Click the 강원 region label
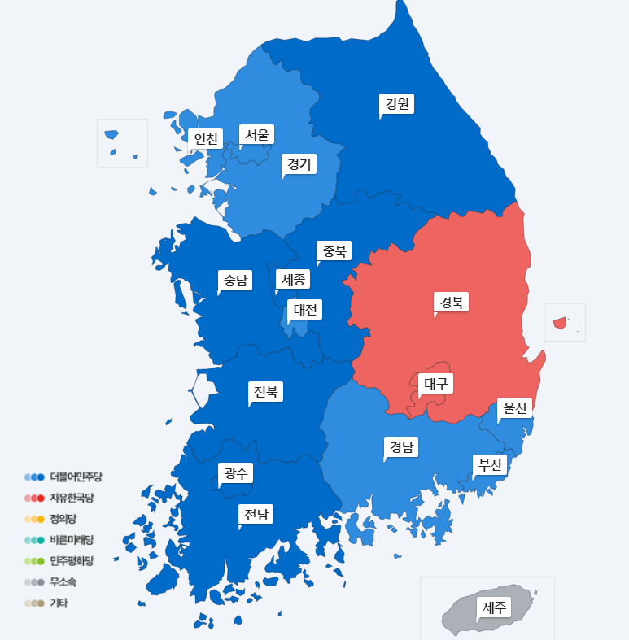[398, 104]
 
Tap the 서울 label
[256, 134]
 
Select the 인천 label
[205, 139]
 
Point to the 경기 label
[299, 164]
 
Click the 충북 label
[334, 250]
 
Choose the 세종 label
[293, 280]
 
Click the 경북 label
[452, 303]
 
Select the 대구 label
[436, 384]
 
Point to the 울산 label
[515, 409]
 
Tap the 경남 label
[401, 446]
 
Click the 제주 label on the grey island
[495, 607]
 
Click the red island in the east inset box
[560, 323]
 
